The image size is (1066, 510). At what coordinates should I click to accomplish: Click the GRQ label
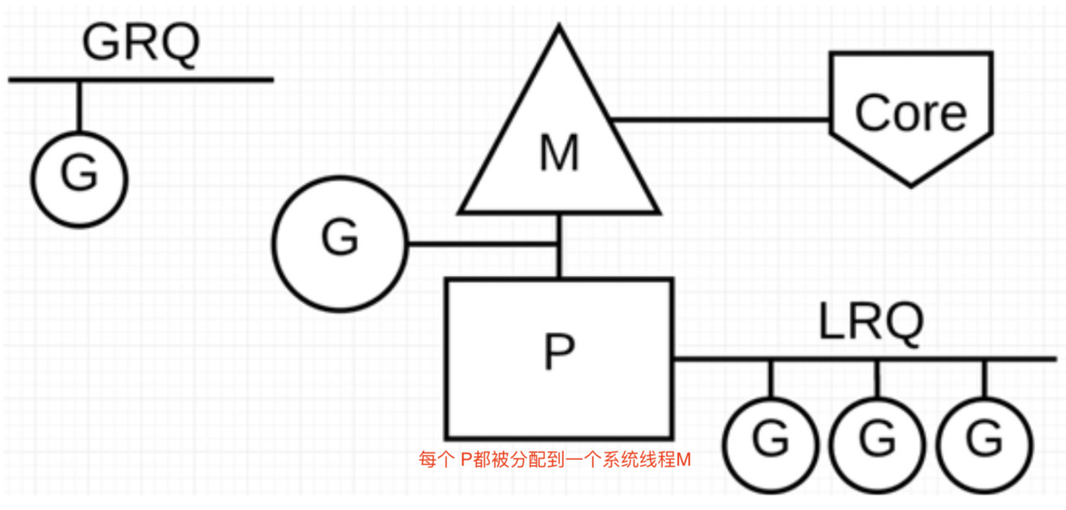point(141,43)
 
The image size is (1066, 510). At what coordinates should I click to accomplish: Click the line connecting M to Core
point(720,119)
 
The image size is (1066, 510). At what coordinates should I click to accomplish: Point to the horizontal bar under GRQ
point(141,79)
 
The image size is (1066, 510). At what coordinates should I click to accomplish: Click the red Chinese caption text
point(555,459)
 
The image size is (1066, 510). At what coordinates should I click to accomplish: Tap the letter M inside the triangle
point(559,153)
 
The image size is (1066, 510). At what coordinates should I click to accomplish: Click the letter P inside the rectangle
point(559,351)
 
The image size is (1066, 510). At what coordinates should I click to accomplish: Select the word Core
point(911,112)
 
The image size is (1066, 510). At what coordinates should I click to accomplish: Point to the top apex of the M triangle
point(559,24)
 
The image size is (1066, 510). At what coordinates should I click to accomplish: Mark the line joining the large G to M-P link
point(483,244)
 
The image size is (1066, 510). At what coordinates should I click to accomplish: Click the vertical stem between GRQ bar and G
point(79,106)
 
